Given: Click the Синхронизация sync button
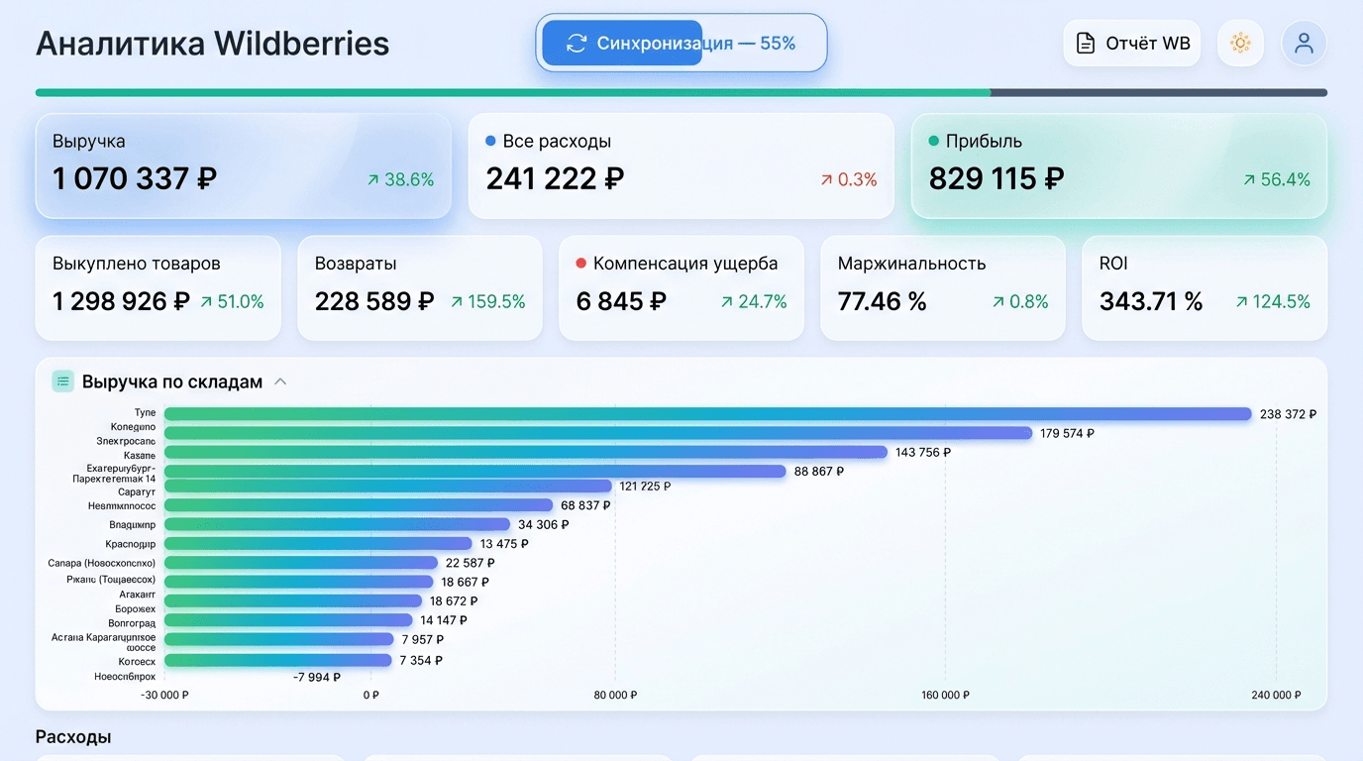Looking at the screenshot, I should click(681, 44).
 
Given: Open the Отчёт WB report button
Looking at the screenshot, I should click(1132, 44).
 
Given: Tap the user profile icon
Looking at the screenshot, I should click(1304, 44).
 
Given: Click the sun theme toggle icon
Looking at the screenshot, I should click(1240, 44).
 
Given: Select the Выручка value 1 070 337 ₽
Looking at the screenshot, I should click(135, 179).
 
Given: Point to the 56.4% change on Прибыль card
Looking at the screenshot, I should click(1277, 179).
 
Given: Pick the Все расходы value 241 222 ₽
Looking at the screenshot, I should click(555, 179).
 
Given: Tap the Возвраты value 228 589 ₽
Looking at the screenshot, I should click(374, 301).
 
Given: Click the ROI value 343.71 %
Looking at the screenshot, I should click(1151, 301).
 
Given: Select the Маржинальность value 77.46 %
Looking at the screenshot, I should click(883, 301).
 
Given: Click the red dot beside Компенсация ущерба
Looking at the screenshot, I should click(581, 264).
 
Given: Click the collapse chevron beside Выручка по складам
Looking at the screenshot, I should click(280, 381).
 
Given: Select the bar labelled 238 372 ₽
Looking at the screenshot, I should click(707, 413).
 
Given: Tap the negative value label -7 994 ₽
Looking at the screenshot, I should click(317, 677).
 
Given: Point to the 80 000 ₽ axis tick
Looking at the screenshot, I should click(615, 695).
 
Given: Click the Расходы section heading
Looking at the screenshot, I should click(73, 737).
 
